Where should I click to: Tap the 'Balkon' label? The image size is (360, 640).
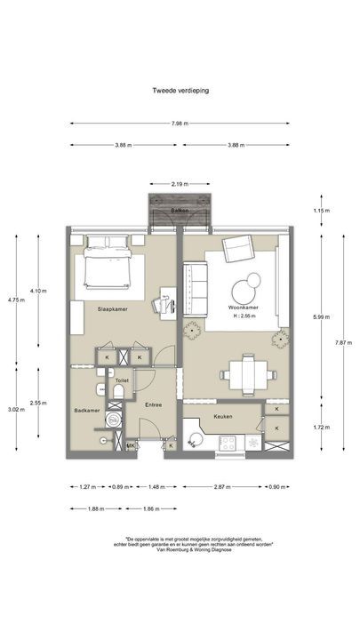pyautogui.click(x=180, y=211)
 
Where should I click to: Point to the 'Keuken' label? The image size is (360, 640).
pyautogui.click(x=222, y=415)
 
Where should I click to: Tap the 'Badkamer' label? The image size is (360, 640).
pyautogui.click(x=85, y=411)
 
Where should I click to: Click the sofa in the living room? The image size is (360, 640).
pyautogui.click(x=195, y=288)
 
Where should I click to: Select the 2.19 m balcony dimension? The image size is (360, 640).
pyautogui.click(x=180, y=184)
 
